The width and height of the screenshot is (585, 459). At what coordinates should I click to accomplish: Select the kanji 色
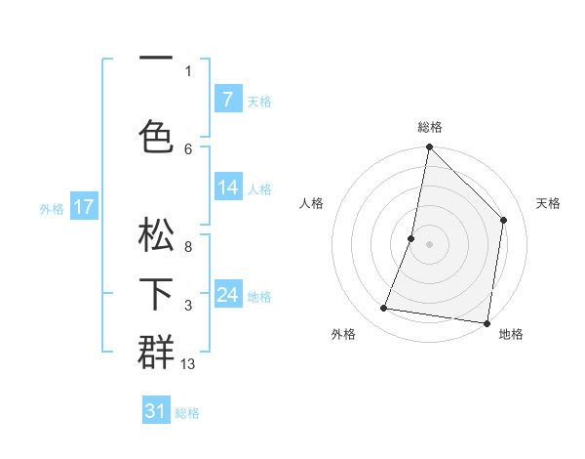[156, 136]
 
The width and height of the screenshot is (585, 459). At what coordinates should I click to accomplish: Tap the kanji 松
[156, 236]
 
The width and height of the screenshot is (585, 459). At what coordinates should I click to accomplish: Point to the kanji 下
[156, 293]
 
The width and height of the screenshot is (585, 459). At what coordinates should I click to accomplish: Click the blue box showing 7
[227, 100]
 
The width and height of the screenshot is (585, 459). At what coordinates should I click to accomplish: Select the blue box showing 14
[227, 188]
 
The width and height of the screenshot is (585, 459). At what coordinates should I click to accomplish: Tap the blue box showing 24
[227, 294]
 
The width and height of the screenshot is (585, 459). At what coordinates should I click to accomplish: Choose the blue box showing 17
[84, 206]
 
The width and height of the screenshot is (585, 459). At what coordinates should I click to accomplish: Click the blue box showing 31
[156, 411]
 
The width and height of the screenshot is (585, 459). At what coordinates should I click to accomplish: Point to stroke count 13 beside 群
[188, 364]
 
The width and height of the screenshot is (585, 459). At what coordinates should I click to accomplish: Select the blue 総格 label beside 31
[188, 413]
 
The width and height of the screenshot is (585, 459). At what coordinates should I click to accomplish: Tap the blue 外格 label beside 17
[52, 208]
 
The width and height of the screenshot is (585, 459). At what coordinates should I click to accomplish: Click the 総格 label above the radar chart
[430, 127]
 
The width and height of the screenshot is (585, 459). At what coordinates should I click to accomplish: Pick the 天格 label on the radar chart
[548, 203]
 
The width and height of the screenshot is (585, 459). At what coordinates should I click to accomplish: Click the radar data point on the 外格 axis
[384, 309]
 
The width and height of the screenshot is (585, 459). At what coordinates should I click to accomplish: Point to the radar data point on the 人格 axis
[411, 238]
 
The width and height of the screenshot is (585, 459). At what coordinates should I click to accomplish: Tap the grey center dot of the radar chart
[429, 244]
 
